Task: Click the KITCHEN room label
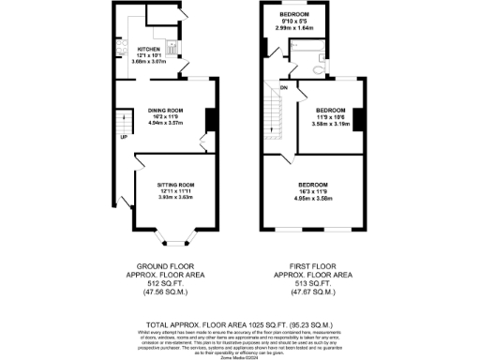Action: point(149,49)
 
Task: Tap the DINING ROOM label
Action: point(160,109)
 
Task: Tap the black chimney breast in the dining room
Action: point(210,119)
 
